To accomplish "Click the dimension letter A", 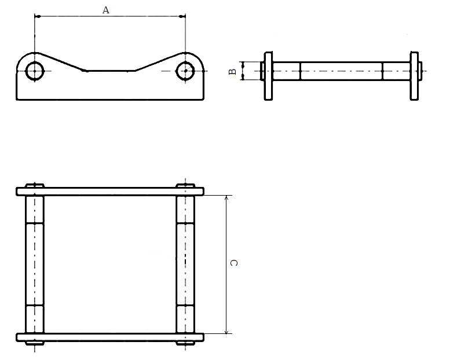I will point(105,10).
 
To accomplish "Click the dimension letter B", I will point(232,72).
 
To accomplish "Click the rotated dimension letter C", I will point(234,263).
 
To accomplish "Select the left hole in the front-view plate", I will point(35,71).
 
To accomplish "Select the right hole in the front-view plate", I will point(185,71).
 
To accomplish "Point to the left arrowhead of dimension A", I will point(38,16).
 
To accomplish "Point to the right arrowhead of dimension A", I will point(182,16).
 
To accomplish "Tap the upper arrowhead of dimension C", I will point(226,198).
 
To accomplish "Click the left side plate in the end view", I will point(269,75).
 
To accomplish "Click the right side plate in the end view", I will point(414,75).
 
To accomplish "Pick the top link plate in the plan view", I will point(110,191).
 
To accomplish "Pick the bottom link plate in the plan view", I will point(110,337).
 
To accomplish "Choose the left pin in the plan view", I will point(35,264).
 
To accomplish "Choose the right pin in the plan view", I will point(185,264).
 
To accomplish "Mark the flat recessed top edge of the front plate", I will point(110,71).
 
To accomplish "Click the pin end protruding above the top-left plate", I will point(35,185).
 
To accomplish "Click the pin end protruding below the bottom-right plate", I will point(185,343).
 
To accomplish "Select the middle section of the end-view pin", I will point(341,71).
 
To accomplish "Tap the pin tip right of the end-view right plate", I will point(420,71).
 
